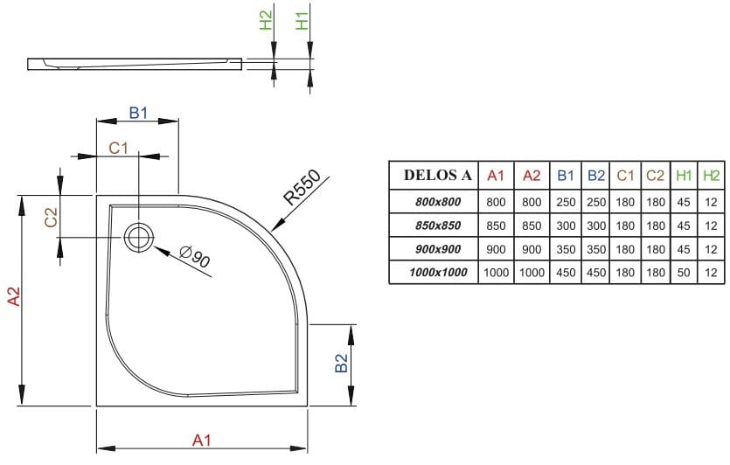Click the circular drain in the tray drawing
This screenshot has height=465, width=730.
138,236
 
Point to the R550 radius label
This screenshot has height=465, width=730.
301,186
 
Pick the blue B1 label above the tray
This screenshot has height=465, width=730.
138,112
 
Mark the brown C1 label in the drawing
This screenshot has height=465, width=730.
118,148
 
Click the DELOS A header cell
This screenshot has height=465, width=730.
437,176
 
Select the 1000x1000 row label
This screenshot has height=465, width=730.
437,273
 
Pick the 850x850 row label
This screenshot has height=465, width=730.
437,225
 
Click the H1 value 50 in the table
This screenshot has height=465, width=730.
683,273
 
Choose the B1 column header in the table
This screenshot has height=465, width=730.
566,176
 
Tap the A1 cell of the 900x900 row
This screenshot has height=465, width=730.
496,249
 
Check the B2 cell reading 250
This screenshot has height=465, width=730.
596,201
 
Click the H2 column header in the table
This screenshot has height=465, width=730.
712,176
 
